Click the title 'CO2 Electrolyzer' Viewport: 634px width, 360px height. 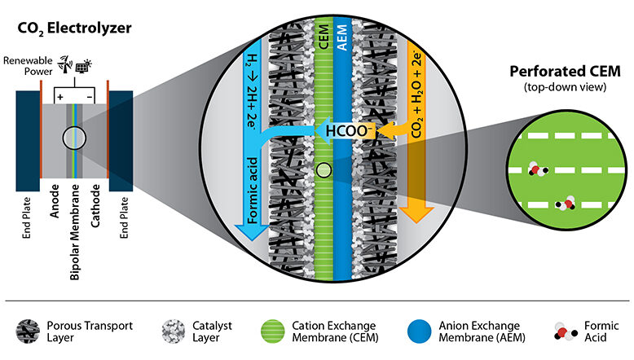[x=74, y=29]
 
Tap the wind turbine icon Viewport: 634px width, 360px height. [x=64, y=64]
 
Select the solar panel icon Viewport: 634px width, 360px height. [x=83, y=66]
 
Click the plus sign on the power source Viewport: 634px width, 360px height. [x=60, y=97]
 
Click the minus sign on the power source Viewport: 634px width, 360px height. [x=90, y=98]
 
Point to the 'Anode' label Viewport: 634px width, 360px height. [x=55, y=201]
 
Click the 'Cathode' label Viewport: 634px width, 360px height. [x=95, y=206]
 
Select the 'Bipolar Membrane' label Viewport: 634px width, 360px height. [x=75, y=232]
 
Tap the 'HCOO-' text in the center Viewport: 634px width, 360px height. [x=348, y=131]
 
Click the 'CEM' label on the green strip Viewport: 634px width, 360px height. [x=324, y=37]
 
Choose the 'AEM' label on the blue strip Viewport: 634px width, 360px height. [x=342, y=37]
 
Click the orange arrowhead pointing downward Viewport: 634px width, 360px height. [x=416, y=214]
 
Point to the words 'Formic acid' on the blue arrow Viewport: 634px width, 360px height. [x=253, y=191]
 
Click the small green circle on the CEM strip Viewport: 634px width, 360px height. [x=324, y=170]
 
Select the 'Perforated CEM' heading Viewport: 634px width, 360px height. [x=565, y=71]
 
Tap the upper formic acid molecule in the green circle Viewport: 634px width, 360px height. [x=538, y=169]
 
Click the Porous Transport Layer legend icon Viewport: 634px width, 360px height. [x=28, y=331]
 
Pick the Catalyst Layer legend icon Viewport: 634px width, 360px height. [x=174, y=331]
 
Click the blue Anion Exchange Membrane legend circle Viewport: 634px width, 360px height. [x=420, y=331]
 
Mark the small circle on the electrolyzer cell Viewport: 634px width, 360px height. [x=74, y=138]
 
